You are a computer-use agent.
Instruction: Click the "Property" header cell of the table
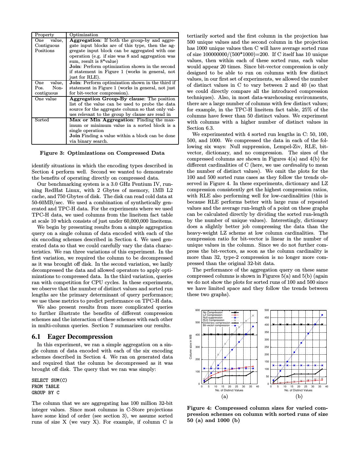click(x=44, y=35)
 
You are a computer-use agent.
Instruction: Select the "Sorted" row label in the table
click(x=42, y=120)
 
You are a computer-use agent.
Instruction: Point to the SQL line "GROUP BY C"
click(x=46, y=393)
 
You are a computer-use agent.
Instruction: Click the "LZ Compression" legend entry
click(x=213, y=315)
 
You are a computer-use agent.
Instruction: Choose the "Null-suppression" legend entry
click(x=213, y=317)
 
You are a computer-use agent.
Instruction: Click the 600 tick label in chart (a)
click(x=197, y=310)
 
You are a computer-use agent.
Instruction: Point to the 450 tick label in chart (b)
click(x=267, y=317)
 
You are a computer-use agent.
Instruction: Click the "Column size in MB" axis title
click(x=191, y=347)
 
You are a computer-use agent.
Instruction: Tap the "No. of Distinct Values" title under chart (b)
click(x=298, y=390)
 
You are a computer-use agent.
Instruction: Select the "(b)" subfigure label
click(x=299, y=396)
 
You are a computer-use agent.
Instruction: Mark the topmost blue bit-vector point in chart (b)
click(x=322, y=315)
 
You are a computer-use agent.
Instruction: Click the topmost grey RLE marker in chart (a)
click(x=253, y=316)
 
